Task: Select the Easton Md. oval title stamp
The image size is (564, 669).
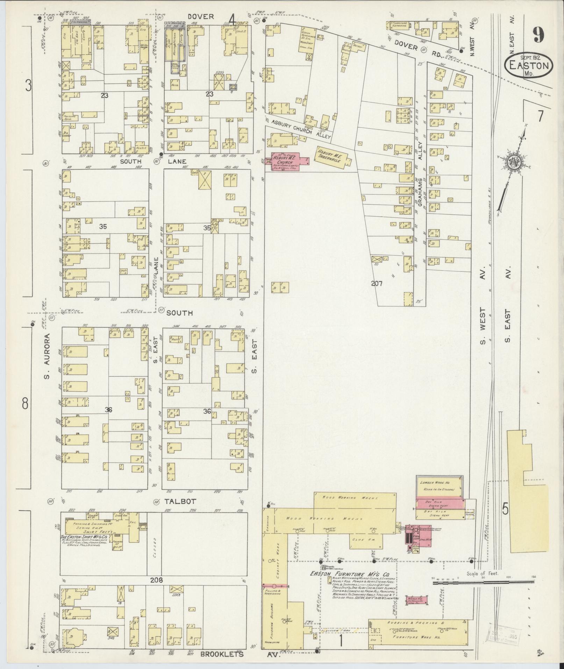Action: coord(529,65)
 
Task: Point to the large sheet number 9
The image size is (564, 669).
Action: coord(539,35)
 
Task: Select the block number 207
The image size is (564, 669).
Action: coord(377,284)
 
